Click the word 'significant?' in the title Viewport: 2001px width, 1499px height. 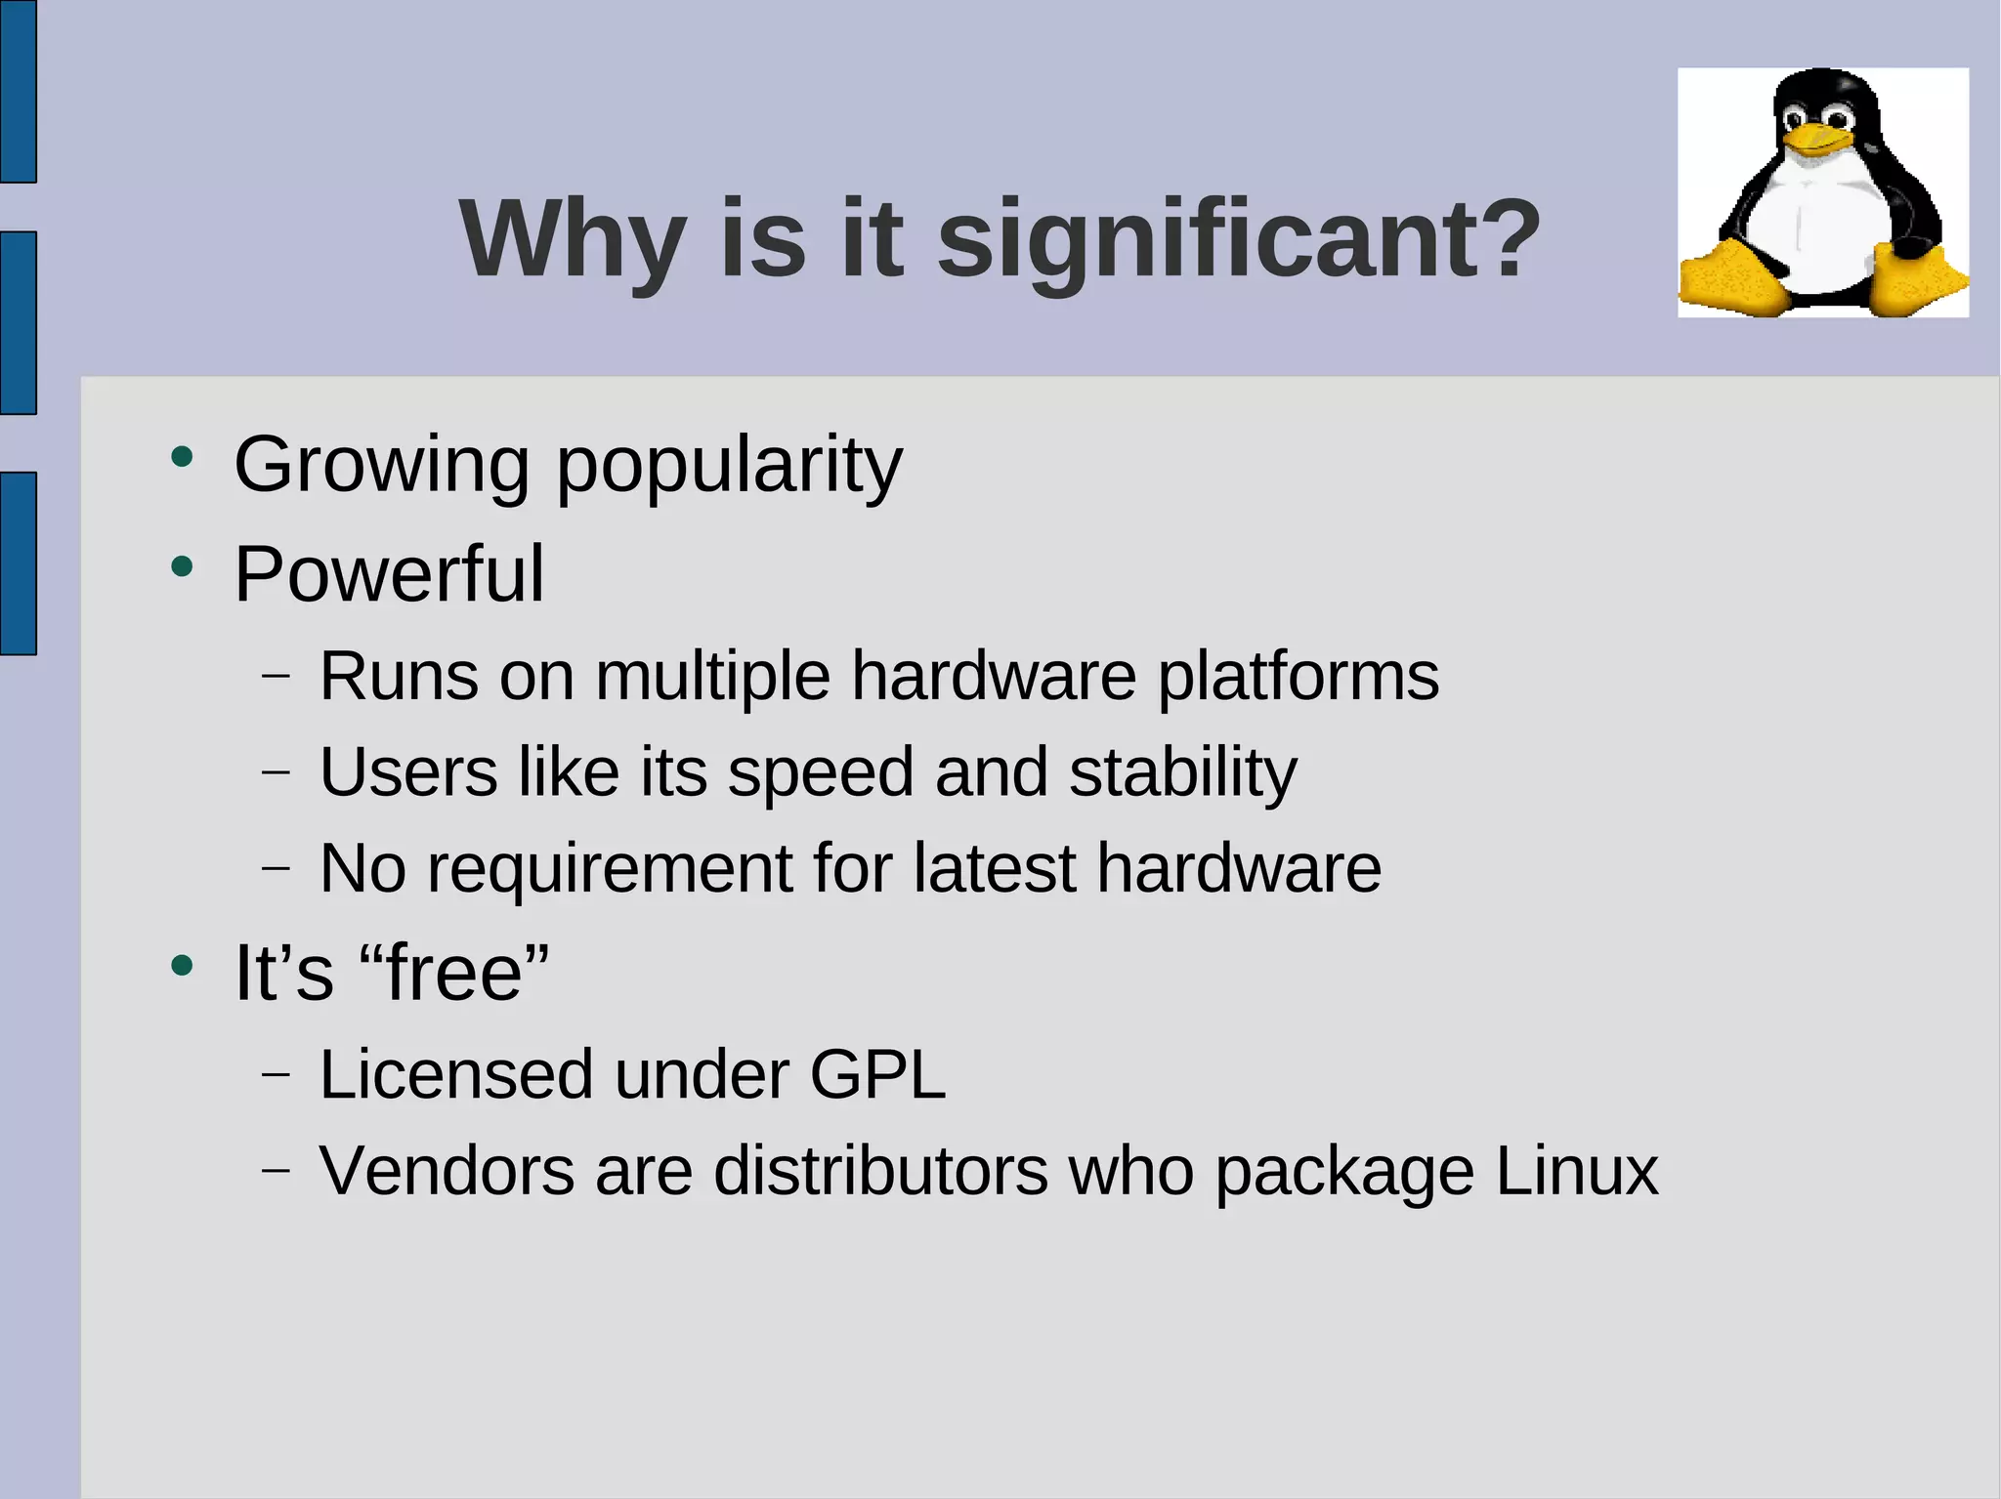click(1238, 239)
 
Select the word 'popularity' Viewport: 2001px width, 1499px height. click(729, 466)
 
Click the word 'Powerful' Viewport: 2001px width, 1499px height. click(389, 574)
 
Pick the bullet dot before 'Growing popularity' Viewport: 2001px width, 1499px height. click(182, 457)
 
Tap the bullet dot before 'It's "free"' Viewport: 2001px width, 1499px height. click(182, 966)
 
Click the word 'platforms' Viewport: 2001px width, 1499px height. click(1298, 677)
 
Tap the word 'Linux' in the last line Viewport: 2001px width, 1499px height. click(1576, 1171)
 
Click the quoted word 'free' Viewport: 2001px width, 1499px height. click(454, 974)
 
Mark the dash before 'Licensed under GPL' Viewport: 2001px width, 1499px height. click(277, 1074)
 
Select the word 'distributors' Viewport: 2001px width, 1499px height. click(880, 1171)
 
